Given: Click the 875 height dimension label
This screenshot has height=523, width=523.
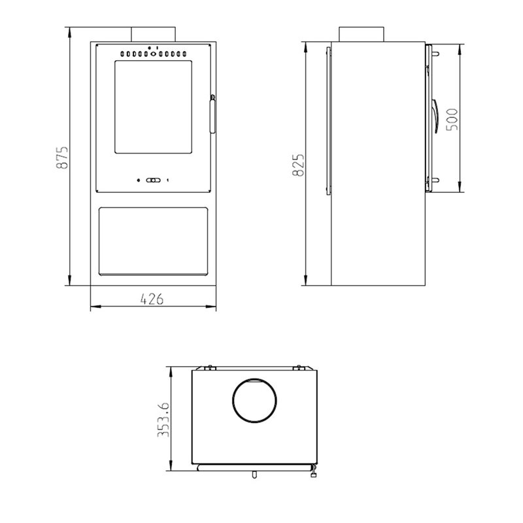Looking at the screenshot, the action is tap(62, 157).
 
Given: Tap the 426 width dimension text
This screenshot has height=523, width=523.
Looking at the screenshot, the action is tap(152, 299).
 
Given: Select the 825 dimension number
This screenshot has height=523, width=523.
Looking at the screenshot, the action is tap(298, 165).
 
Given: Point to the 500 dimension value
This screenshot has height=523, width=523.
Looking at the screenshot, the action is tap(452, 120).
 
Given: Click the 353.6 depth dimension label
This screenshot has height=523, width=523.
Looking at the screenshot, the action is tap(163, 420).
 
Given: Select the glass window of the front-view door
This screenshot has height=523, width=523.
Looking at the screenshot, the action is tap(154, 107).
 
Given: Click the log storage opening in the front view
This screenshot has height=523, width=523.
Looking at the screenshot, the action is tap(154, 241).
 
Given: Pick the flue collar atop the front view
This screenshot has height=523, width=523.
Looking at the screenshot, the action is tap(153, 35).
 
